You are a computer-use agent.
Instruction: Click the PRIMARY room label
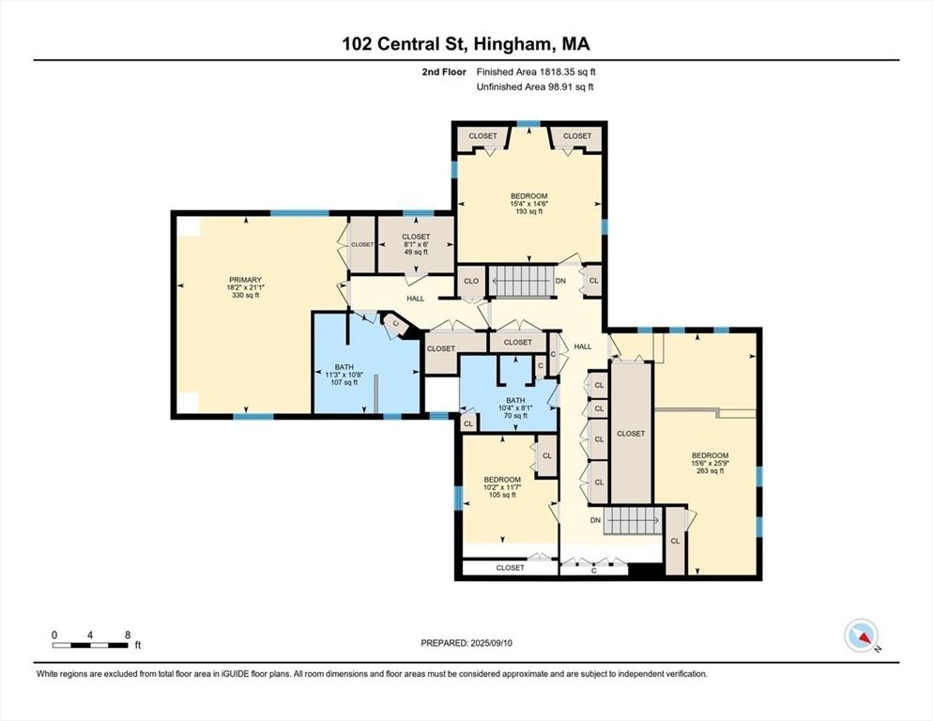tap(245, 279)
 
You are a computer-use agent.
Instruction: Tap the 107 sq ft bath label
tap(344, 368)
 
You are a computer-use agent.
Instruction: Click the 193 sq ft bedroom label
tap(528, 196)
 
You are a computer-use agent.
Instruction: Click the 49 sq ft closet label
tap(415, 237)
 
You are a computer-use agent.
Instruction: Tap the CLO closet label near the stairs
tap(470, 281)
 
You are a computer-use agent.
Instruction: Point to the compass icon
tap(860, 636)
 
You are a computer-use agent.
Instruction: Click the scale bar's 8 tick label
tap(127, 635)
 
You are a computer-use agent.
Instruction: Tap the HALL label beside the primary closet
tap(416, 298)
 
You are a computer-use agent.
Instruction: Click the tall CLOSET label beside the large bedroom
tap(631, 434)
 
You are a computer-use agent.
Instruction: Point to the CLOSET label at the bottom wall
tap(510, 568)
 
